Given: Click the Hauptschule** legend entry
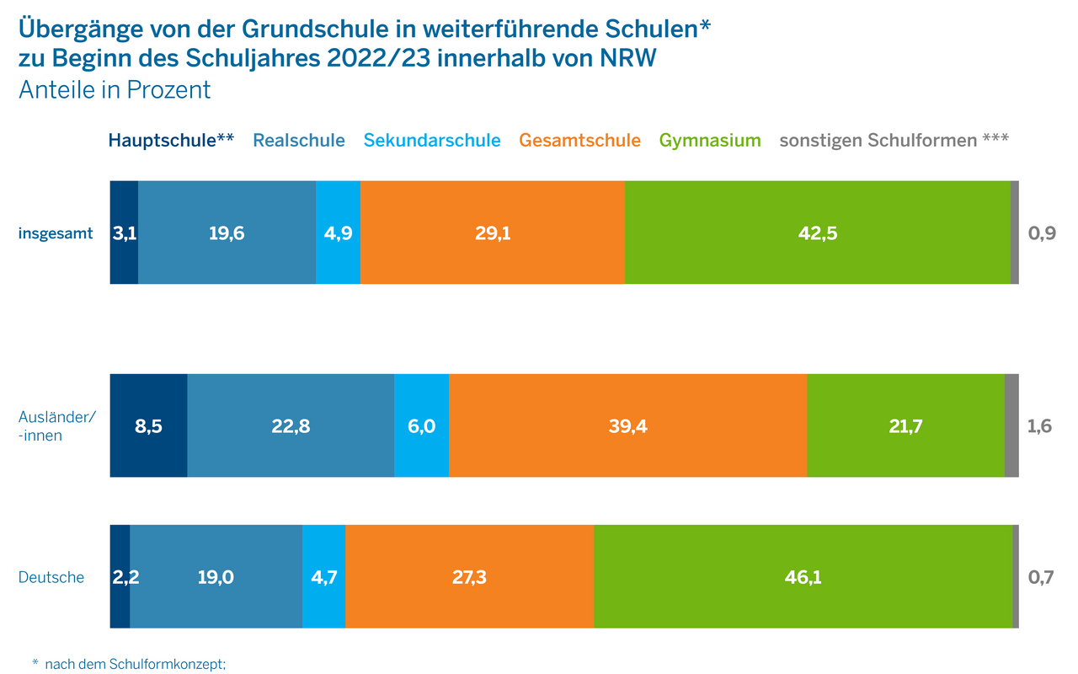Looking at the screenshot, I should click(x=171, y=141).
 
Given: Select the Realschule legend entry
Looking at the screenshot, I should click(x=299, y=141).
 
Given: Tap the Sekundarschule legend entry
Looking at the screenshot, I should click(x=432, y=141).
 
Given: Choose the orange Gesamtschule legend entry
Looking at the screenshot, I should click(x=579, y=141).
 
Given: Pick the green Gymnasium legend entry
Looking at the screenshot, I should click(x=710, y=141).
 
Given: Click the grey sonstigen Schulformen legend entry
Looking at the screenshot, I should click(x=894, y=141).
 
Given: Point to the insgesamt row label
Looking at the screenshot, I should click(x=56, y=233).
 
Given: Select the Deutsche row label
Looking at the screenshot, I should click(x=51, y=577).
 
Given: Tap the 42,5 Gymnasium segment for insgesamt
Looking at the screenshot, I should click(x=817, y=233).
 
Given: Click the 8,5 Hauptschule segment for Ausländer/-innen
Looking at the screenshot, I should click(x=148, y=426).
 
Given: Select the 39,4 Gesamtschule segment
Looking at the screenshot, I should click(x=627, y=426).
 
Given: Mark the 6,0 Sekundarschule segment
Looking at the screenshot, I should click(x=421, y=426).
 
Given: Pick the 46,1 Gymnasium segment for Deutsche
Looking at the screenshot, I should click(x=803, y=577).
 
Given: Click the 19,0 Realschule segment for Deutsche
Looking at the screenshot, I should click(x=216, y=577).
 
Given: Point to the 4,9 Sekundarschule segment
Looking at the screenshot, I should click(x=338, y=233).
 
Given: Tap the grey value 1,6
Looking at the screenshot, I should click(x=1040, y=426).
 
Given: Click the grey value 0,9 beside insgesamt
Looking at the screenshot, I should click(x=1042, y=233).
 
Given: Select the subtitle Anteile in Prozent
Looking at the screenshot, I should click(x=115, y=90).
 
